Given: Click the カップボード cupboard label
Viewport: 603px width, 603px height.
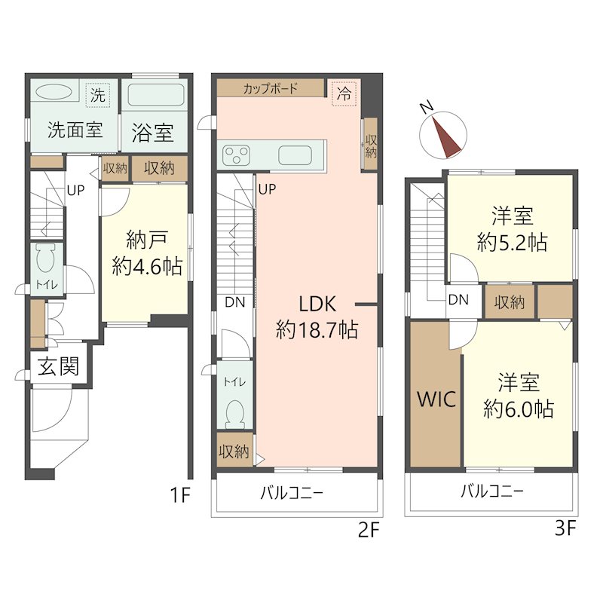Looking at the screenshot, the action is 270,88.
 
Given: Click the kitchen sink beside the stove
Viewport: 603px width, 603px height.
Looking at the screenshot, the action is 295,156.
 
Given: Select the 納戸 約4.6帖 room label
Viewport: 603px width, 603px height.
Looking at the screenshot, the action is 146,253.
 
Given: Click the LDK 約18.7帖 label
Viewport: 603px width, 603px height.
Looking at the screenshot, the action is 317,317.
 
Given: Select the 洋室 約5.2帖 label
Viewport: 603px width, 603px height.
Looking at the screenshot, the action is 513,230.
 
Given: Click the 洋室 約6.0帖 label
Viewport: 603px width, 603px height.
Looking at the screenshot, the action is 519,396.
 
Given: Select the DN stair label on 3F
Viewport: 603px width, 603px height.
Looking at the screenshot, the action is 458,300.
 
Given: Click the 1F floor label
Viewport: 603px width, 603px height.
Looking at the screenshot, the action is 179,495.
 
